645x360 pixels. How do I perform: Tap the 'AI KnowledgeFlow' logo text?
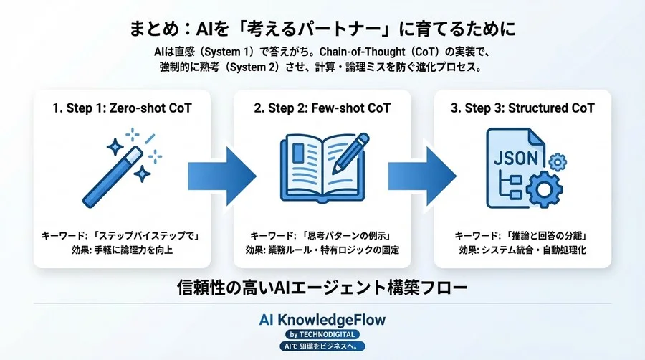coord(322,319)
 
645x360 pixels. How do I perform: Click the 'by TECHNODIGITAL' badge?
coord(322,334)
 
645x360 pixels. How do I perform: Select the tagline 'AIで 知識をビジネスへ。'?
coord(322,346)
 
